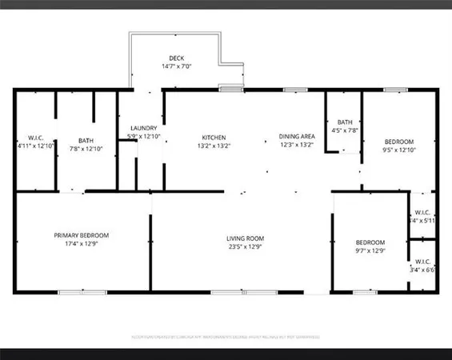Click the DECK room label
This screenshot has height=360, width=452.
[x=177, y=58]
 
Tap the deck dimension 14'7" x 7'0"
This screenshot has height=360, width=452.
[x=177, y=67]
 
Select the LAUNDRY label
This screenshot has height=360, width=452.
[x=143, y=128]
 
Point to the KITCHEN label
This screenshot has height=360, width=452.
[x=214, y=137]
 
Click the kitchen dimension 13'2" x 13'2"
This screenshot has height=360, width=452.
[x=214, y=146]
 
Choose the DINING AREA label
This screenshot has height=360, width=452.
[x=296, y=137]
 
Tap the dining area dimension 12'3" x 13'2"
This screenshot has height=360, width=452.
[x=296, y=146]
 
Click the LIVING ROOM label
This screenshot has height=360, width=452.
[x=246, y=238]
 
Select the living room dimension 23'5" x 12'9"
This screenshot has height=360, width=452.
[x=246, y=247]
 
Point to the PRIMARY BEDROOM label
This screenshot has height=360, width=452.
[x=82, y=235]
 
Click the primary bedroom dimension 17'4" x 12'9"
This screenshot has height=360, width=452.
[x=82, y=244]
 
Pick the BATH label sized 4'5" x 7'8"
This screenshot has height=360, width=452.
[x=345, y=122]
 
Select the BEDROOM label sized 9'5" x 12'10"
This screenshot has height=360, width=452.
[x=398, y=141]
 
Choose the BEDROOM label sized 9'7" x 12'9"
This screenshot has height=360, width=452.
[x=370, y=242]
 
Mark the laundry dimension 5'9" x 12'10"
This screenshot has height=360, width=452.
[x=144, y=137]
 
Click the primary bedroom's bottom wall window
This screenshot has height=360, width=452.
[x=82, y=293]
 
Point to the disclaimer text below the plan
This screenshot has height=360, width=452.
[x=226, y=336]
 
